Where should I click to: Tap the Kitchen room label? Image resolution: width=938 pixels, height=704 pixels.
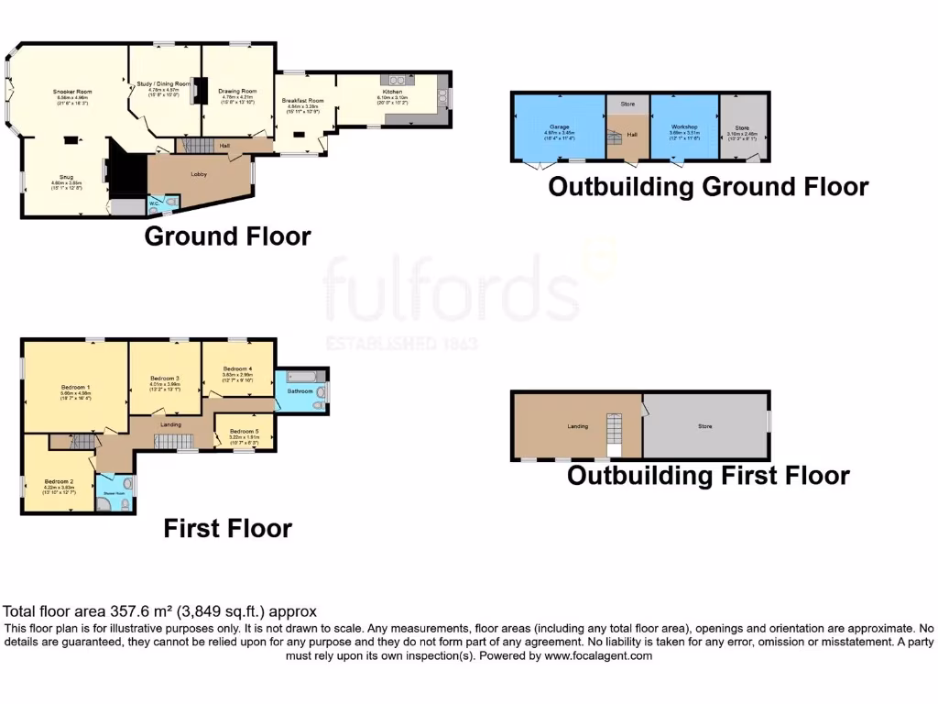(392, 93)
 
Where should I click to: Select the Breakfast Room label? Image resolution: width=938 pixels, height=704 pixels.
(302, 100)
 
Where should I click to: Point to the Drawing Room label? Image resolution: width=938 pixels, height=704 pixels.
(237, 91)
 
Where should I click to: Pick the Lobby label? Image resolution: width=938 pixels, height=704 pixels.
(198, 173)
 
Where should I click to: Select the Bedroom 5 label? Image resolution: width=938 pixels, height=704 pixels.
(244, 431)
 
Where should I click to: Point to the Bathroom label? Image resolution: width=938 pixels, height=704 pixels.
(300, 391)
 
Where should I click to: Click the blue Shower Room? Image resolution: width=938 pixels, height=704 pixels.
(117, 493)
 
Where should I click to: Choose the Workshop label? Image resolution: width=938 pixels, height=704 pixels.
(684, 126)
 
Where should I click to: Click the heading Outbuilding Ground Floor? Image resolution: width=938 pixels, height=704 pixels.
(707, 187)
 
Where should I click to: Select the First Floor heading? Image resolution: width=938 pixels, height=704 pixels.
(227, 529)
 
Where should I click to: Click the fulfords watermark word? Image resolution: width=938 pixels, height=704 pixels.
(449, 289)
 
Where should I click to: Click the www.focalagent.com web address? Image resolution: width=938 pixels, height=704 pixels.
(598, 656)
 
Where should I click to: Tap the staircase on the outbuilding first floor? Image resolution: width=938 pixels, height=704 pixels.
(613, 434)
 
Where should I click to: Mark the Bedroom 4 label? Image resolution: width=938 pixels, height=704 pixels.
(236, 368)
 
